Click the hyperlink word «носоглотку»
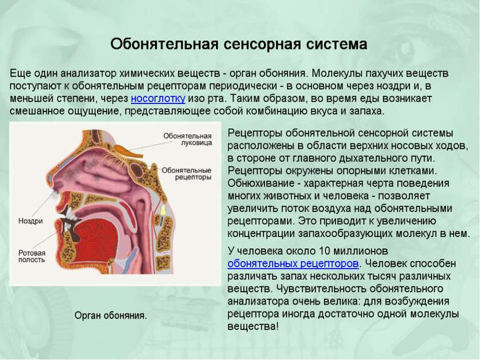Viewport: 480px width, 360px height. pyautogui.click(x=158, y=99)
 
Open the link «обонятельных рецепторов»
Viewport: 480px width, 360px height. pyautogui.click(x=293, y=263)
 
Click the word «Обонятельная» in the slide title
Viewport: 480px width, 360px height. pyautogui.click(x=165, y=44)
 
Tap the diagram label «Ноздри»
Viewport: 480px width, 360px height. pyautogui.click(x=31, y=221)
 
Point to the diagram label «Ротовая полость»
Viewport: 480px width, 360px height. pyautogui.click(x=32, y=256)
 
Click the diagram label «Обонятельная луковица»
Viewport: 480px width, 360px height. pyautogui.click(x=187, y=139)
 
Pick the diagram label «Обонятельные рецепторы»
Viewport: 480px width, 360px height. pyautogui.click(x=187, y=173)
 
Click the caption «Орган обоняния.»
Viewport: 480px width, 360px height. pyautogui.click(x=111, y=316)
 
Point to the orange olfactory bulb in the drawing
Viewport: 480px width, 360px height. pyautogui.click(x=128, y=150)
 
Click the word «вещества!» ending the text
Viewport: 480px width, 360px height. pyautogui.click(x=253, y=326)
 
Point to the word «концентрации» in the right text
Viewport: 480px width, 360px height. pyautogui.click(x=261, y=233)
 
